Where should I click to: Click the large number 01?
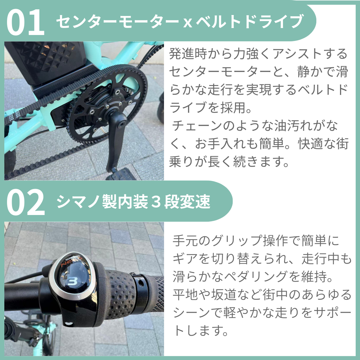click(25, 22)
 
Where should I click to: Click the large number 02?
click(25, 202)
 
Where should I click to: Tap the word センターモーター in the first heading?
click(117, 21)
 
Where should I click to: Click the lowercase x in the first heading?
click(188, 23)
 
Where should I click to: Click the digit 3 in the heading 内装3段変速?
click(156, 202)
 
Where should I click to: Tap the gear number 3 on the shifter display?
click(73, 281)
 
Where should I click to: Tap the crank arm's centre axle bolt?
click(121, 124)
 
